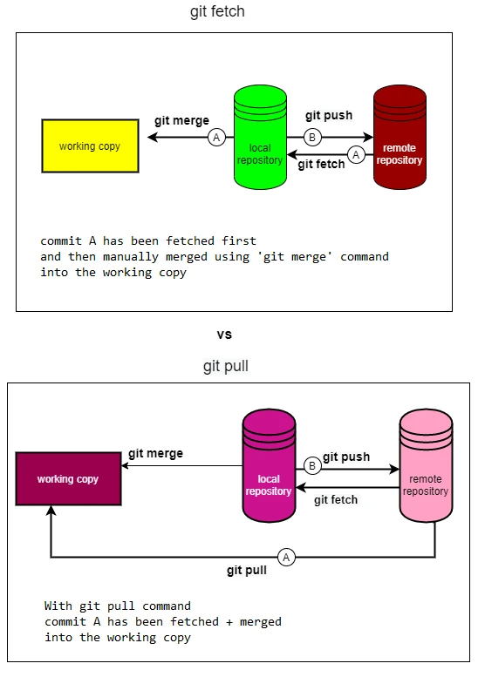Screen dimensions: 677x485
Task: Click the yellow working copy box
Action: pos(90,146)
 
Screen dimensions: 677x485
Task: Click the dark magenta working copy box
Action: pos(68,479)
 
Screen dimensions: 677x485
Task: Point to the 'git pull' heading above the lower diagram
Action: pos(225,366)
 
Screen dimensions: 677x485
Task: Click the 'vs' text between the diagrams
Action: pos(224,334)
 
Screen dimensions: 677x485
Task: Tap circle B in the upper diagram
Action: pos(312,137)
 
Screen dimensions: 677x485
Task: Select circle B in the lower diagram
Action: pos(312,466)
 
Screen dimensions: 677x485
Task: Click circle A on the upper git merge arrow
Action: pos(216,137)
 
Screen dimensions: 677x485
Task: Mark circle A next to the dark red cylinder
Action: pos(355,154)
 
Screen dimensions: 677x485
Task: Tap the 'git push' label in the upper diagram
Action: pos(329,115)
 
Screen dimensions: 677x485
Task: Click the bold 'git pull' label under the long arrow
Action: pos(247,572)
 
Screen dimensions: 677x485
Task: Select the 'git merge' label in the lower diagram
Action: pos(155,453)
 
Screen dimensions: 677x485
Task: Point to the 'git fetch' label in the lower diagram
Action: pos(335,499)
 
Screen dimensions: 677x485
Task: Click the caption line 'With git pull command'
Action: pos(117,606)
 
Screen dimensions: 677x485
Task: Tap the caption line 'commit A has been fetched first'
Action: pos(148,240)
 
